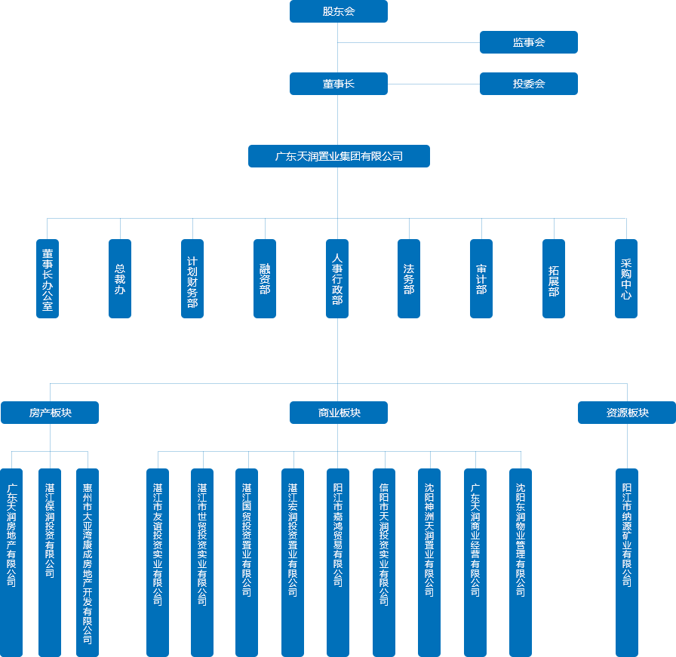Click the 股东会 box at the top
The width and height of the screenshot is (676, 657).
pyautogui.click(x=338, y=11)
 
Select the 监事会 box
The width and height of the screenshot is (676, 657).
pyautogui.click(x=528, y=42)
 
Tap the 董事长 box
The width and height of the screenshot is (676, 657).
pyautogui.click(x=338, y=84)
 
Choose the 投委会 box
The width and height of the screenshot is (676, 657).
pyautogui.click(x=528, y=84)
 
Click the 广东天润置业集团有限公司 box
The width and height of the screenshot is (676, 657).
pyautogui.click(x=339, y=156)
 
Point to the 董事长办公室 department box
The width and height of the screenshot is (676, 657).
pyautogui.click(x=48, y=278)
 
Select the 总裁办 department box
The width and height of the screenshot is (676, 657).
pyautogui.click(x=120, y=278)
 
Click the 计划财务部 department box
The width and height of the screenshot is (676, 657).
pyautogui.click(x=192, y=278)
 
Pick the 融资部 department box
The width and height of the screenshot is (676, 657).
pyautogui.click(x=265, y=278)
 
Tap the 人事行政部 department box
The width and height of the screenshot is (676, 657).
pyautogui.click(x=337, y=278)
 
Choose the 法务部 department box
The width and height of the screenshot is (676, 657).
pyautogui.click(x=409, y=278)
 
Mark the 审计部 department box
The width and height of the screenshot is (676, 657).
pyautogui.click(x=481, y=278)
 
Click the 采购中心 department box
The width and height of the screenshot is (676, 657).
pyautogui.click(x=626, y=278)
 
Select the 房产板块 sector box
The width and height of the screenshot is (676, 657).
pyautogui.click(x=50, y=413)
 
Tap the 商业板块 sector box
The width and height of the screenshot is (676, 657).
pyautogui.click(x=339, y=413)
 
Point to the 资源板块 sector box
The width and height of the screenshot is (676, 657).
pyautogui.click(x=627, y=413)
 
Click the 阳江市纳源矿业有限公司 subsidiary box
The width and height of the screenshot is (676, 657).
pyautogui.click(x=627, y=562)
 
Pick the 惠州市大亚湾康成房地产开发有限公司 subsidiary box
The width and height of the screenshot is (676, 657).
pyautogui.click(x=88, y=562)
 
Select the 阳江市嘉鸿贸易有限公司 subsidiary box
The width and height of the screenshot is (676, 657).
pyautogui.click(x=338, y=562)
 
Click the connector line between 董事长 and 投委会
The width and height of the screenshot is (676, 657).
pyautogui.click(x=434, y=84)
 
